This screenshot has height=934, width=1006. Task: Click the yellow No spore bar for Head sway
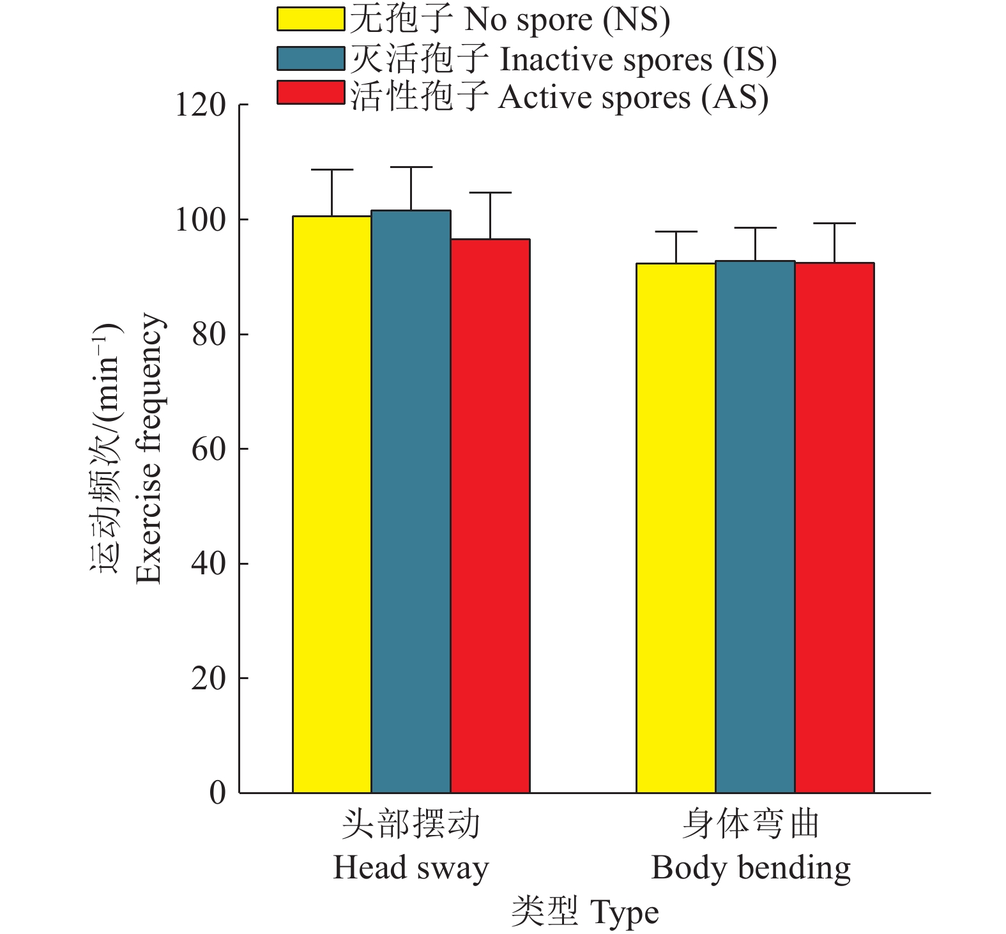click(332, 505)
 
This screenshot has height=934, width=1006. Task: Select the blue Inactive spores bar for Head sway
click(411, 501)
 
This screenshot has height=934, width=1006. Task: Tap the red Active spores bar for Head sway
click(491, 516)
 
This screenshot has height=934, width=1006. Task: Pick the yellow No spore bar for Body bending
click(676, 528)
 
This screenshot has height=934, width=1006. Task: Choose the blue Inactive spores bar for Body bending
click(755, 527)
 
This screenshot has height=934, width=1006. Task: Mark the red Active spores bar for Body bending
click(834, 528)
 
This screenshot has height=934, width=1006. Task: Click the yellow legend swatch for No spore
click(310, 19)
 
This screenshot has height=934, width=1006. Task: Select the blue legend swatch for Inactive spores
click(310, 58)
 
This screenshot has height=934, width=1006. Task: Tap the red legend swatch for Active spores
click(310, 93)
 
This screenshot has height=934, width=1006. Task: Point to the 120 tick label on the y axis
click(201, 105)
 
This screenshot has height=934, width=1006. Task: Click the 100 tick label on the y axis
click(201, 220)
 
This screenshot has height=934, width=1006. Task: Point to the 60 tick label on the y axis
click(209, 449)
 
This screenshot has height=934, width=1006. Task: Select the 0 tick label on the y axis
click(218, 793)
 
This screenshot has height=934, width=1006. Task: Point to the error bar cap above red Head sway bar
click(491, 192)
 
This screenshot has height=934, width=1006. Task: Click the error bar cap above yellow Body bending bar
click(676, 232)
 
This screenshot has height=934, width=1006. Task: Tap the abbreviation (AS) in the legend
click(735, 98)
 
